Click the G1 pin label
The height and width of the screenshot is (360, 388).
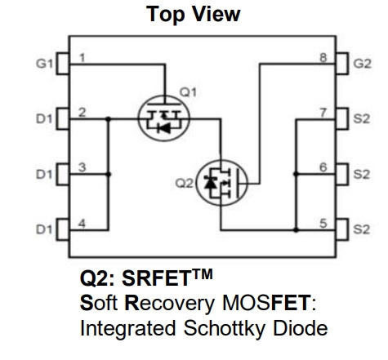(44, 64)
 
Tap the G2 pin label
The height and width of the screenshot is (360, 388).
(362, 64)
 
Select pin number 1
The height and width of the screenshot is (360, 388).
(82, 58)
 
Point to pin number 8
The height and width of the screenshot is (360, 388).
(323, 58)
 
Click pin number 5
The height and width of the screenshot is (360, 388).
(323, 224)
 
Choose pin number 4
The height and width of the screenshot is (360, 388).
(82, 224)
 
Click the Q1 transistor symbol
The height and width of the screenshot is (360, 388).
(164, 118)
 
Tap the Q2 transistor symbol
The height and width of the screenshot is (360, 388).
(221, 183)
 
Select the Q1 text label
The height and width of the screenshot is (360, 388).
(188, 92)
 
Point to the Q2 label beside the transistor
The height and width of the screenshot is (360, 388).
(184, 183)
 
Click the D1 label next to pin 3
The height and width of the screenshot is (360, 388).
(44, 174)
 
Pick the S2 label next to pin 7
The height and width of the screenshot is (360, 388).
(362, 119)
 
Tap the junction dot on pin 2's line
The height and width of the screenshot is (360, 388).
(109, 119)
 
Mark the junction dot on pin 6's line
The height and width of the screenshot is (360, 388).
(297, 174)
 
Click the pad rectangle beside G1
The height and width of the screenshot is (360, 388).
(63, 64)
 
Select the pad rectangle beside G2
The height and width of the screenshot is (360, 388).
(341, 64)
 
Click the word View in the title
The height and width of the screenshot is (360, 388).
(217, 14)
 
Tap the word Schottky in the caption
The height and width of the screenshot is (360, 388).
(225, 329)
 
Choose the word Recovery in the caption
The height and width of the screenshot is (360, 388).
(169, 303)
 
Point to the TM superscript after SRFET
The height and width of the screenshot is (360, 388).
(203, 274)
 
